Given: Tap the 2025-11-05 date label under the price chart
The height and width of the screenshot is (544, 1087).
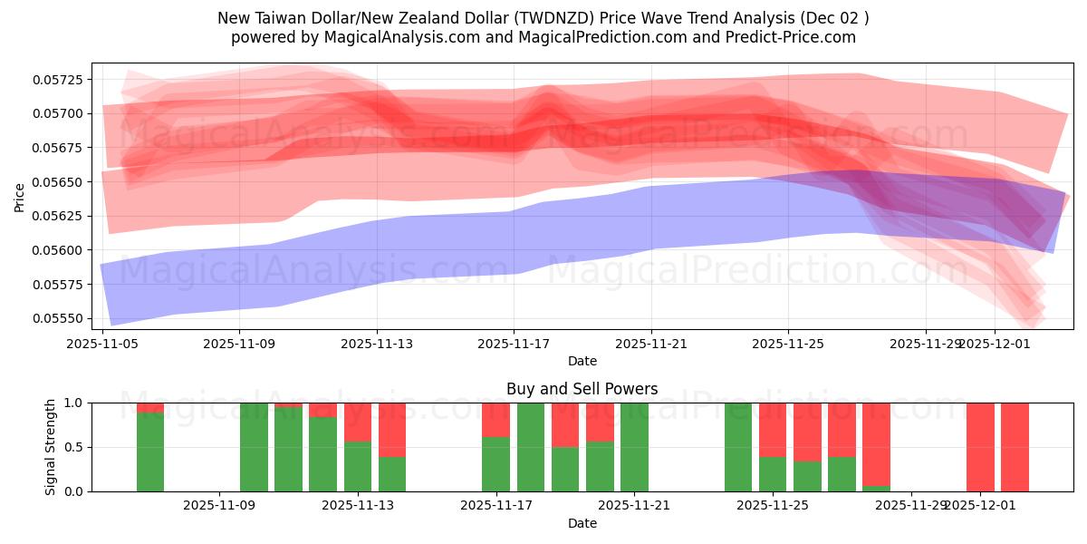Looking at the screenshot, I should coord(102,345).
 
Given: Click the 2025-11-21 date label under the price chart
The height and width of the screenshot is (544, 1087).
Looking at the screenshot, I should coord(650,345).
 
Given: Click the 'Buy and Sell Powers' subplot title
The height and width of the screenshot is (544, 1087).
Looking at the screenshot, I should coord(582,389).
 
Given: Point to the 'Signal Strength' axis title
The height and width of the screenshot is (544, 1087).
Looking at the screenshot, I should coord(52,447).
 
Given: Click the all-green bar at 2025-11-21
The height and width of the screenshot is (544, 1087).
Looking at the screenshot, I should coord(634,447).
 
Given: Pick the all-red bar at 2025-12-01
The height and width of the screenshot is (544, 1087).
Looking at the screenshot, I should coord(980,447).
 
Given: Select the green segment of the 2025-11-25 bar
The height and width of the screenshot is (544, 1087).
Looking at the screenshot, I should coord(773,474).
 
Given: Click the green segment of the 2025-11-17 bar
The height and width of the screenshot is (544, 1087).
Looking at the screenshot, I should coord(495,464).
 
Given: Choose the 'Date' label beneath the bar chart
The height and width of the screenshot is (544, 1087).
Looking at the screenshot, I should coord(582,523).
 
